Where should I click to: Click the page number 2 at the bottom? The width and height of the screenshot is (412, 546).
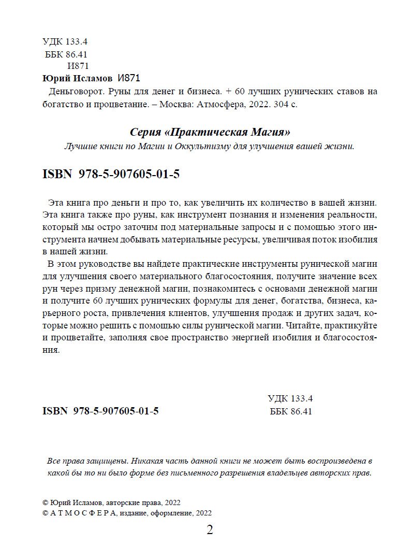pyautogui.click(x=210, y=530)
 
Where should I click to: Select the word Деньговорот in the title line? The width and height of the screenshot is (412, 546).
pyautogui.click(x=70, y=91)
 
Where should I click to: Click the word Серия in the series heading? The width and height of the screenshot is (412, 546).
pyautogui.click(x=142, y=132)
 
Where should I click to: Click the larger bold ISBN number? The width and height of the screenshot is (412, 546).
pyautogui.click(x=129, y=175)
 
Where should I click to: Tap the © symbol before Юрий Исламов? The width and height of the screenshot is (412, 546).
pyautogui.click(x=44, y=502)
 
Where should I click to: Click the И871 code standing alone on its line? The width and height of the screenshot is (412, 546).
pyautogui.click(x=79, y=66)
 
